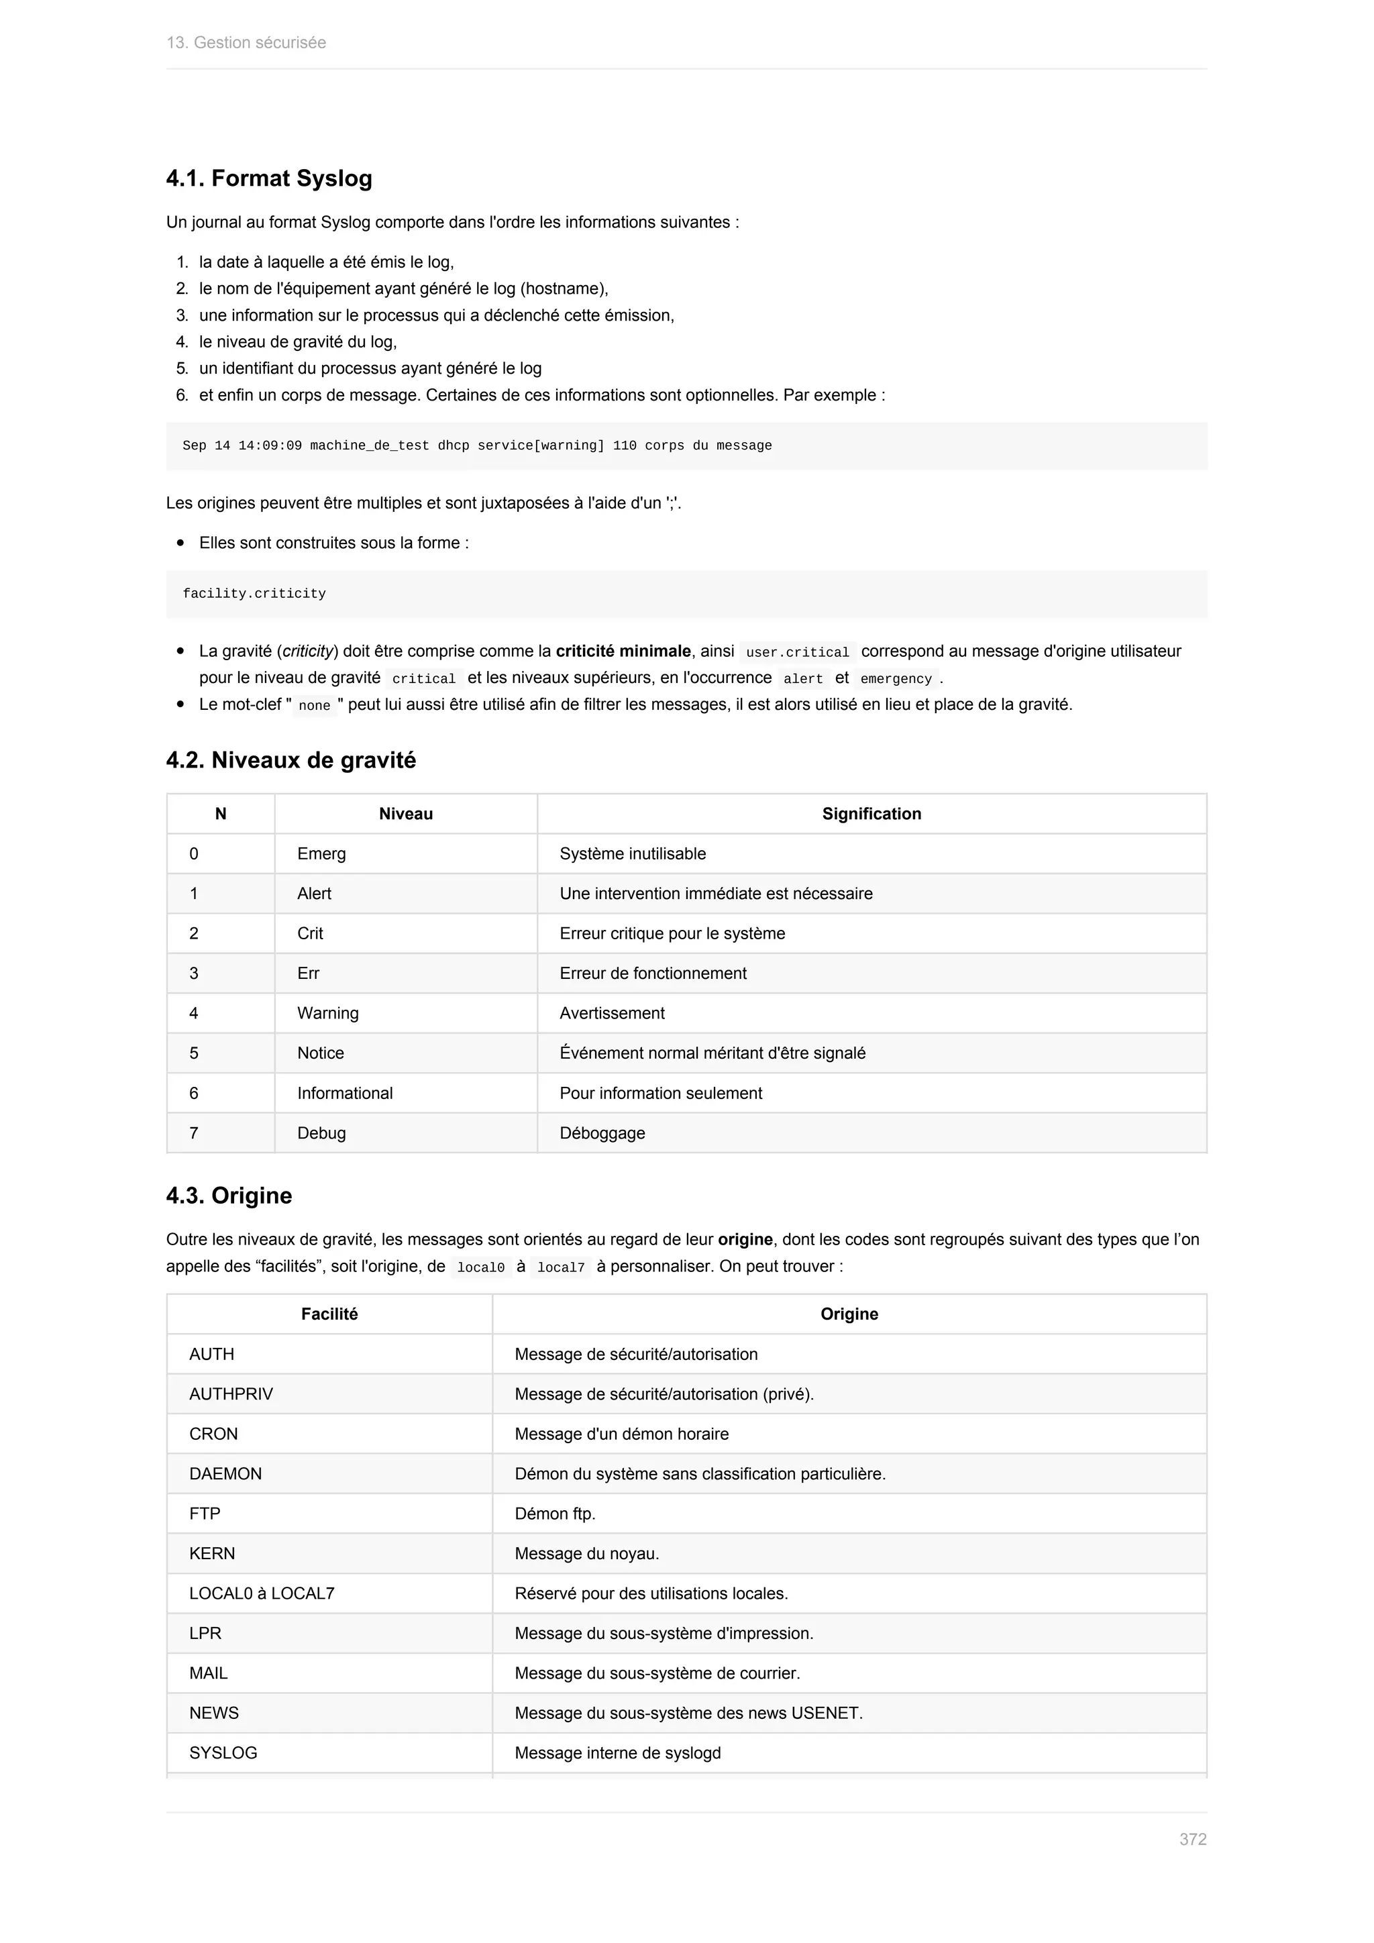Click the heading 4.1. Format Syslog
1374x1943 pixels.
point(269,178)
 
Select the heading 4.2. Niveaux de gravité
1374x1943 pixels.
point(291,760)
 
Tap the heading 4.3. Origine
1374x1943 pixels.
point(229,1195)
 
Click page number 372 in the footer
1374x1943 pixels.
point(1192,1839)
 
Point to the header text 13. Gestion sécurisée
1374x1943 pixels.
point(246,42)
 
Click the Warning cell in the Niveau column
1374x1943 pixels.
point(327,1013)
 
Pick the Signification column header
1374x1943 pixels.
point(871,813)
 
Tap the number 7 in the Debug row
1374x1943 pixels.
point(194,1133)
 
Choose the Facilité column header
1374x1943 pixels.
point(329,1314)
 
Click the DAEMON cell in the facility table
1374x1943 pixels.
point(225,1473)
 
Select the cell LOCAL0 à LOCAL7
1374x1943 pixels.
point(262,1593)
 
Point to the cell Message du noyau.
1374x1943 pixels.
point(586,1553)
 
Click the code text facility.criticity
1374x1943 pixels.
point(254,593)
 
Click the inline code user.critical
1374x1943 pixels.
point(797,651)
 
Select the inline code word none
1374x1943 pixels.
point(314,705)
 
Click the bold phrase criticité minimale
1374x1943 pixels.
point(623,651)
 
